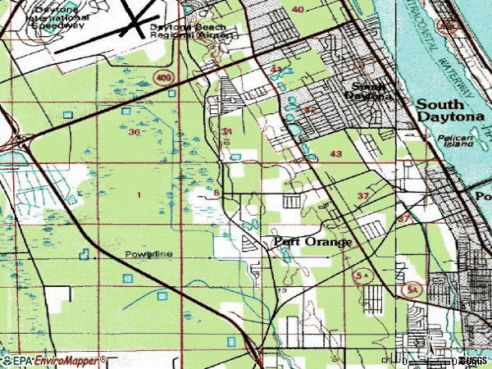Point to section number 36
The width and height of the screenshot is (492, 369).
tap(134, 132)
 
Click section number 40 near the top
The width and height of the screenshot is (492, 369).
tap(297, 9)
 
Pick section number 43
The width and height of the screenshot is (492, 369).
tap(335, 153)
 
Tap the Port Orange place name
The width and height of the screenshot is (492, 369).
tap(312, 242)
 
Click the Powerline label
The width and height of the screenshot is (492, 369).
tap(148, 254)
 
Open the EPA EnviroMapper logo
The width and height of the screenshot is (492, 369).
tap(54, 360)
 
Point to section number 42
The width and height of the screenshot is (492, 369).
tap(309, 110)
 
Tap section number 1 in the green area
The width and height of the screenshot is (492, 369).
tap(139, 194)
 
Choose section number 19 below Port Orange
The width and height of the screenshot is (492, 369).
tap(283, 290)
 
